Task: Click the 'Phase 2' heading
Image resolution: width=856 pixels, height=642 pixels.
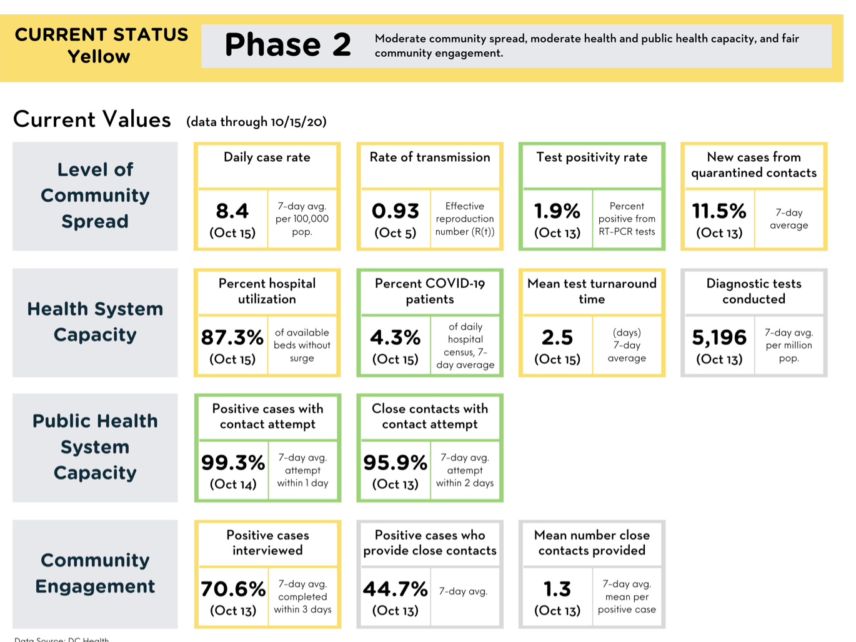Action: coord(288,45)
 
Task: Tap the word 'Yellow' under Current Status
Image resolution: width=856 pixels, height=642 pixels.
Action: coord(99,57)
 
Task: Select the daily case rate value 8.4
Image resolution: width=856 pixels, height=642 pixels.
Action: coord(232,211)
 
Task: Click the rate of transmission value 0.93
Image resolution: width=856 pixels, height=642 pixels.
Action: coord(395,211)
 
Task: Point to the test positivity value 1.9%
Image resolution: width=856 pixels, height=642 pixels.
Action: coord(557,211)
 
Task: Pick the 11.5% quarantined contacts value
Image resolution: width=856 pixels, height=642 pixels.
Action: coord(719,211)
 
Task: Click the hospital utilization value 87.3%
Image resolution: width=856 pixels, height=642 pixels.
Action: coord(232,337)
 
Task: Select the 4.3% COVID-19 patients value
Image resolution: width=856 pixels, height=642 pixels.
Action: coord(395,337)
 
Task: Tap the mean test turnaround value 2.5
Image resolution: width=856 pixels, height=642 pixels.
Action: coord(557,337)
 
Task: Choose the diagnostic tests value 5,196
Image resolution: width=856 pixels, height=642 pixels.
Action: coord(719,338)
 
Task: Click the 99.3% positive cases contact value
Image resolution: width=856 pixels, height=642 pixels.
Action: coord(233,463)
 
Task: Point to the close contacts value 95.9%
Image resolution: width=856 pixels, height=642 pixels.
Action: coord(395,463)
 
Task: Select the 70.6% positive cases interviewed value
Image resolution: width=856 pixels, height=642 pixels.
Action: coord(233,589)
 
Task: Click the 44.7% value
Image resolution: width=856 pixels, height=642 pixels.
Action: coord(395,589)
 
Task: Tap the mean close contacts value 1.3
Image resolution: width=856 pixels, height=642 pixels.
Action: coord(557,589)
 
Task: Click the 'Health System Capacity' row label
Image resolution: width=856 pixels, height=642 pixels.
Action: coord(95,322)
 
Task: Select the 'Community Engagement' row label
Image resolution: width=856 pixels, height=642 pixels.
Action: coord(95,573)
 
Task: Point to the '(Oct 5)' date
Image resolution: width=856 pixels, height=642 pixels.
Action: coord(395,233)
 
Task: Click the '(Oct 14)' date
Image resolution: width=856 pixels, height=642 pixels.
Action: coord(233,484)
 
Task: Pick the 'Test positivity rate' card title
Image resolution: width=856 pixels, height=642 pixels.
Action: coord(592,157)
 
